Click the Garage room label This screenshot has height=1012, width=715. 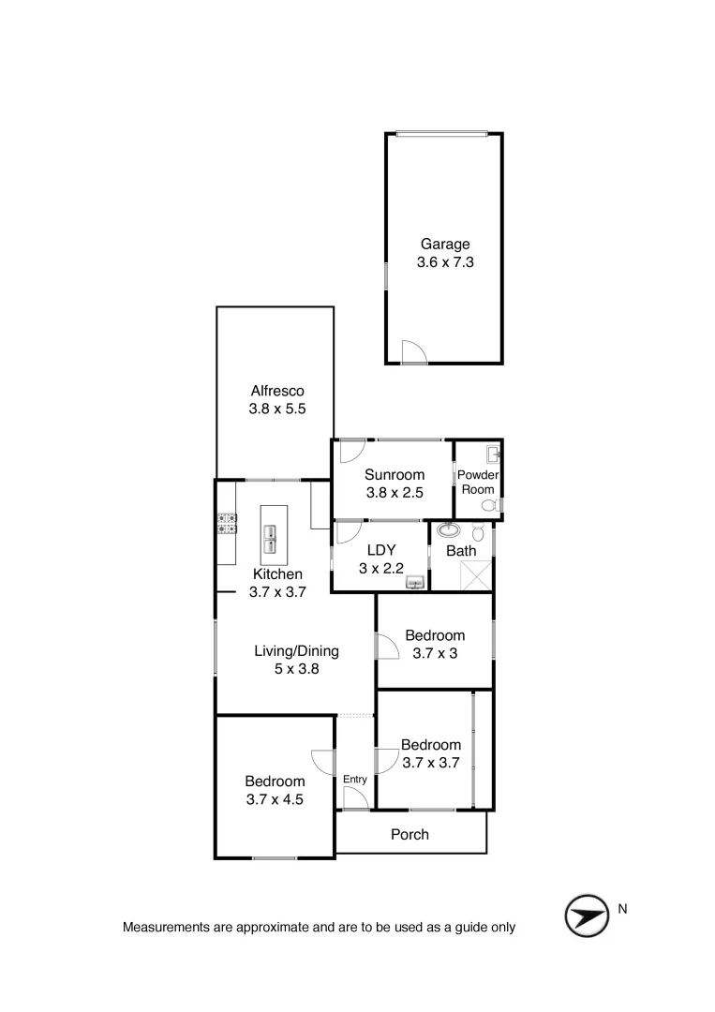click(x=444, y=245)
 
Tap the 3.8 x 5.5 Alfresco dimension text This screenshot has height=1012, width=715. click(x=277, y=409)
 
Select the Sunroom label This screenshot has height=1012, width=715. click(x=395, y=475)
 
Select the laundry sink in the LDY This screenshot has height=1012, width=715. click(x=415, y=583)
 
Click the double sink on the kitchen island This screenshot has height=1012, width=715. click(x=273, y=539)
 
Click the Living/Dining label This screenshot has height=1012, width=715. click(x=296, y=651)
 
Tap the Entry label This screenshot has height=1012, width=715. click(x=354, y=779)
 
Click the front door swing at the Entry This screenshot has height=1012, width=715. click(x=354, y=798)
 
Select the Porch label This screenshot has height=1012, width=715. click(x=410, y=834)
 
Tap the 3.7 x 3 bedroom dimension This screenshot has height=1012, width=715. click(x=435, y=653)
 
